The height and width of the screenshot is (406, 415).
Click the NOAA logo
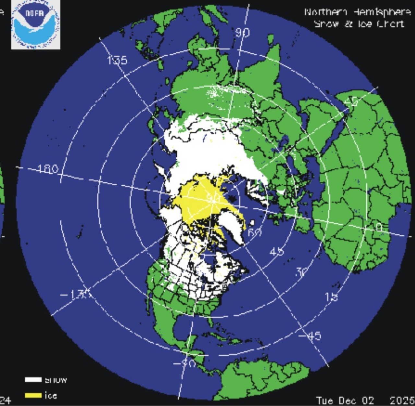pos(35,25)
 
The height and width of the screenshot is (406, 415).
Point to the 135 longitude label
pos(117,60)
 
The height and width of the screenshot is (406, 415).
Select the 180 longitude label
pos(48,169)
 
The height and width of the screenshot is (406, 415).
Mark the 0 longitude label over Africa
pos(379,228)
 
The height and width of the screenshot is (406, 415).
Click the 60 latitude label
pos(255,232)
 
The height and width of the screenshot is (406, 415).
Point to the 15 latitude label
pos(331,297)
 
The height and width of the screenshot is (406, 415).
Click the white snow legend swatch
pos(33,379)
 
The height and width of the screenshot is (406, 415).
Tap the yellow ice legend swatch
pos(33,395)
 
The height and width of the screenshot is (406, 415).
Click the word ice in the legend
pos(51,395)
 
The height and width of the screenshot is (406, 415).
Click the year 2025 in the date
pos(402,400)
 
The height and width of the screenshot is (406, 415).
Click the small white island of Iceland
pos(252,223)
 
